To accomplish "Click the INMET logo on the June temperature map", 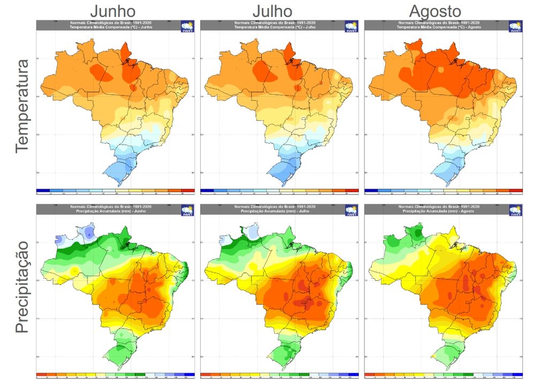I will (x=187, y=27).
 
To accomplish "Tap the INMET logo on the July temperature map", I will (x=351, y=27).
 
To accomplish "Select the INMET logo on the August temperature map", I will (x=515, y=27).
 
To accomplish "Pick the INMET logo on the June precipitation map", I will (x=187, y=211).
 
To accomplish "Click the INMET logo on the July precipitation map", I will (x=351, y=211).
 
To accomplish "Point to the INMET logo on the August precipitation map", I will (x=515, y=211).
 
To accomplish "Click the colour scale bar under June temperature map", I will (x=116, y=191).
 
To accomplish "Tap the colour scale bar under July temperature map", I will (x=279, y=191).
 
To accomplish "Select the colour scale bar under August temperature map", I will (x=443, y=191).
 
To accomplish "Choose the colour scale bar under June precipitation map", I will (x=116, y=375).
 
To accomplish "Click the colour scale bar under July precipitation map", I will (x=279, y=375).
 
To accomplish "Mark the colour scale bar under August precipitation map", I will (x=443, y=375).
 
